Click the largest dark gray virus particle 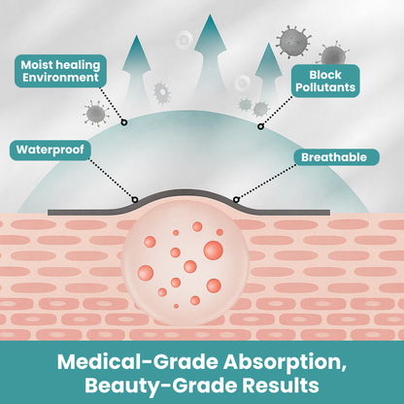[x=292, y=41]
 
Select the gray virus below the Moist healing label [x=94, y=114]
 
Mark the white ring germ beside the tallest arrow [x=185, y=40]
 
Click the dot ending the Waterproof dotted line [x=135, y=200]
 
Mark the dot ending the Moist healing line [x=123, y=122]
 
